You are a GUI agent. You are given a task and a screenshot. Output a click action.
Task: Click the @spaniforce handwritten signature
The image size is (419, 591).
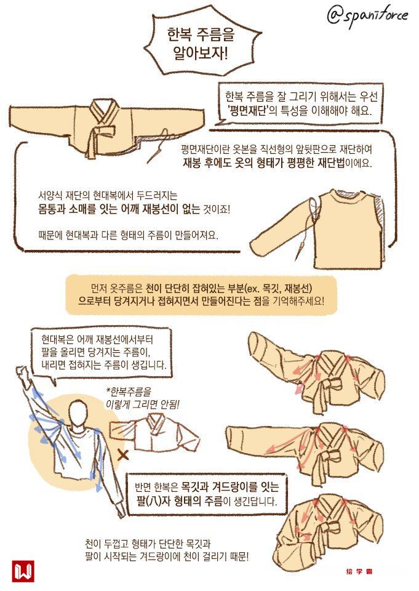tap(367, 16)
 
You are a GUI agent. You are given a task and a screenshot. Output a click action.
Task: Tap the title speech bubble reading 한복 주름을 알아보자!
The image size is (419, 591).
tap(202, 44)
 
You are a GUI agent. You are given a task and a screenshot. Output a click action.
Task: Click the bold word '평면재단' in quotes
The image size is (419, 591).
tap(250, 111)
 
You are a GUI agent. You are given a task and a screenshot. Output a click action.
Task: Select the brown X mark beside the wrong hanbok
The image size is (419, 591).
tap(123, 456)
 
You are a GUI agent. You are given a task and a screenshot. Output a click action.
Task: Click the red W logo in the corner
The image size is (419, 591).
tap(23, 571)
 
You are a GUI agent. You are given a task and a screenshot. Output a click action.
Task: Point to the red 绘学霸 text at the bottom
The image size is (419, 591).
tap(359, 571)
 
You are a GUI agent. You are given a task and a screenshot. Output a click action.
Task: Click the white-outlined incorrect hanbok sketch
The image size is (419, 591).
tap(154, 433)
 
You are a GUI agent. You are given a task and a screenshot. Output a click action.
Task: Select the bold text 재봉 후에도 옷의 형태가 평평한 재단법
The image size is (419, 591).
tap(264, 164)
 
